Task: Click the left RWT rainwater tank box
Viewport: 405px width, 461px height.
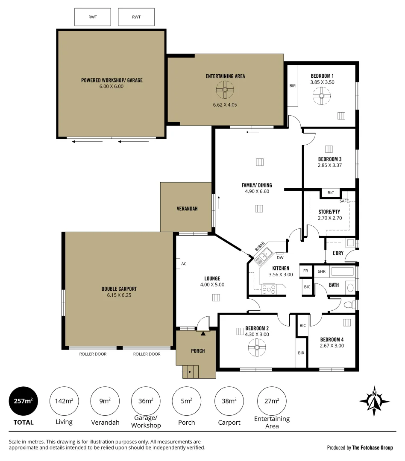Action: (x=93, y=17)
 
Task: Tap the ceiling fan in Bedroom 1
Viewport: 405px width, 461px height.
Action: (x=320, y=96)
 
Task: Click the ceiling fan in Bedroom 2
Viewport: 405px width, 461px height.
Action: (x=256, y=347)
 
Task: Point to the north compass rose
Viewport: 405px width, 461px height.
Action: (x=374, y=401)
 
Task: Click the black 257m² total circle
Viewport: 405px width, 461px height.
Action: (x=23, y=401)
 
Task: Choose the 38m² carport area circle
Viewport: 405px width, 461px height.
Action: (x=229, y=401)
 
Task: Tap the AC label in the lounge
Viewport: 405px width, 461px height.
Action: (x=184, y=264)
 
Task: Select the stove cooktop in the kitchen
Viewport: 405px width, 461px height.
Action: (x=269, y=289)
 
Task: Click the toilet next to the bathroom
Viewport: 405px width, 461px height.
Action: (x=349, y=304)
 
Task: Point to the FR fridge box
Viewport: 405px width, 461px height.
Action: (x=306, y=271)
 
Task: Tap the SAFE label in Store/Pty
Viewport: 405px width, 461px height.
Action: (x=344, y=201)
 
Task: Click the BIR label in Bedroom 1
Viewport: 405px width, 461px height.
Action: (x=293, y=86)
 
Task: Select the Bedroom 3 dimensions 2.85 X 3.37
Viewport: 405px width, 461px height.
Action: (x=329, y=165)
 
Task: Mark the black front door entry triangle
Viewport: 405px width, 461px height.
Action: (x=203, y=333)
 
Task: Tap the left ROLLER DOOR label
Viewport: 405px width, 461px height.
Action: (x=93, y=354)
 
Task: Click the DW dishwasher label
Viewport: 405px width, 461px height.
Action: (x=280, y=257)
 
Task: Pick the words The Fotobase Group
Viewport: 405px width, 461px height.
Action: (x=372, y=448)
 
